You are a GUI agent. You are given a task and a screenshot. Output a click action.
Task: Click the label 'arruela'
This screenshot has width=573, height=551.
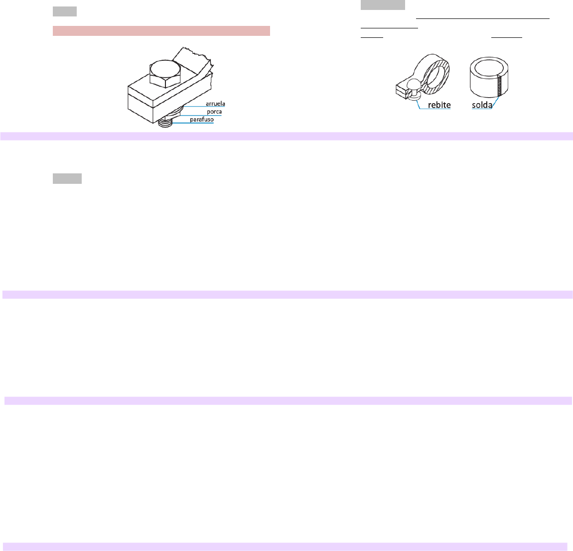[215, 104]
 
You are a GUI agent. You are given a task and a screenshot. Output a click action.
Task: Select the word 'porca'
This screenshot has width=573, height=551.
[214, 112]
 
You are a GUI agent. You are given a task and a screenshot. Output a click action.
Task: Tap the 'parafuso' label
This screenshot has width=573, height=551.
[202, 120]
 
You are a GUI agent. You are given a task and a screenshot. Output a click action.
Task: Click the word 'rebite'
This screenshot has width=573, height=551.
[439, 105]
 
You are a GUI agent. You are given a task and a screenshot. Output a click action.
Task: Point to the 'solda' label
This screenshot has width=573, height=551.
[482, 105]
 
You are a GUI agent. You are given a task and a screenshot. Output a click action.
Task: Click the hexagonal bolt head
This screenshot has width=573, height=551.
[165, 73]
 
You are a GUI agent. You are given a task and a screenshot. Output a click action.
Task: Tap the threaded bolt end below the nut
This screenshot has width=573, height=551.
[165, 123]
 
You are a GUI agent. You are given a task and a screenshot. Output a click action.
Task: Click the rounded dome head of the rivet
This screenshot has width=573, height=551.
[415, 86]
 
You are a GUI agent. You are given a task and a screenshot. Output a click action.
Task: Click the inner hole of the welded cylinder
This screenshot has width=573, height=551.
[489, 68]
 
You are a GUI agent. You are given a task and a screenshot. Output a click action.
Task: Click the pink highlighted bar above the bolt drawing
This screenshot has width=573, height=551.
[161, 31]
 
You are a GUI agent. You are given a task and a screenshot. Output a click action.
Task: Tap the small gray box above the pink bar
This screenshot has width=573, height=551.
[65, 11]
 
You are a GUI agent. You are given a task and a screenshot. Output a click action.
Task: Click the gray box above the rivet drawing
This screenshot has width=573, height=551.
[383, 5]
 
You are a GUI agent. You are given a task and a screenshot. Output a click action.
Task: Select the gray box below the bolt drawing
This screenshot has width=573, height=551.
[67, 178]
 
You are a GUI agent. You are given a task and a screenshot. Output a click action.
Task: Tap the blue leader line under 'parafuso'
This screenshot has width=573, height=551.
[193, 123]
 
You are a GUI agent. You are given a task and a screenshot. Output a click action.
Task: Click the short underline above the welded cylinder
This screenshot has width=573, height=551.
[507, 37]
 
